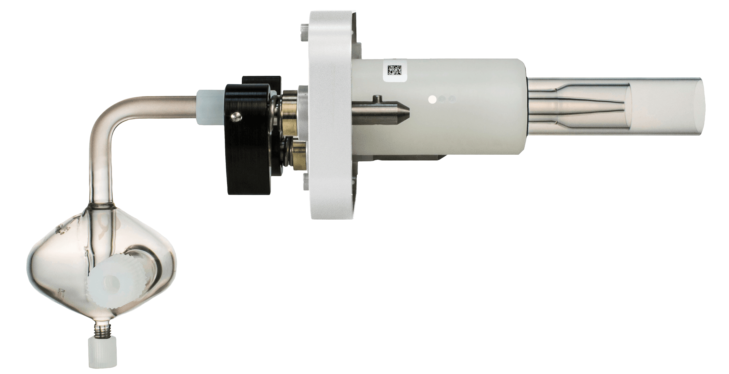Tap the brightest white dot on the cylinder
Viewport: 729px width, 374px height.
point(432,99)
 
